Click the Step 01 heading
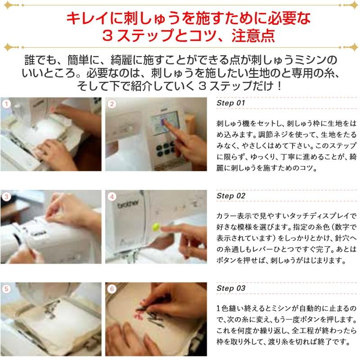coord(231,103)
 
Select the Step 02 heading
coord(231,196)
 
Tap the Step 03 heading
coord(231,288)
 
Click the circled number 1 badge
coord(6,104)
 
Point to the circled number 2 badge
coord(112,104)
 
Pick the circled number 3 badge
coord(6,197)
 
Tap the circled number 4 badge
coord(112,197)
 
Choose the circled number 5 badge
coord(6,289)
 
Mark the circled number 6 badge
coord(112,289)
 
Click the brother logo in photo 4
coord(128,203)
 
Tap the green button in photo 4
coord(156,227)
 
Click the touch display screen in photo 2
coord(165,123)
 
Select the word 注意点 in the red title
coord(253,36)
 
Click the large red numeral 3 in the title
coord(107,36)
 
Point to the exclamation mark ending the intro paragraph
coord(279,86)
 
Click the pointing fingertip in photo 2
coord(165,122)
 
